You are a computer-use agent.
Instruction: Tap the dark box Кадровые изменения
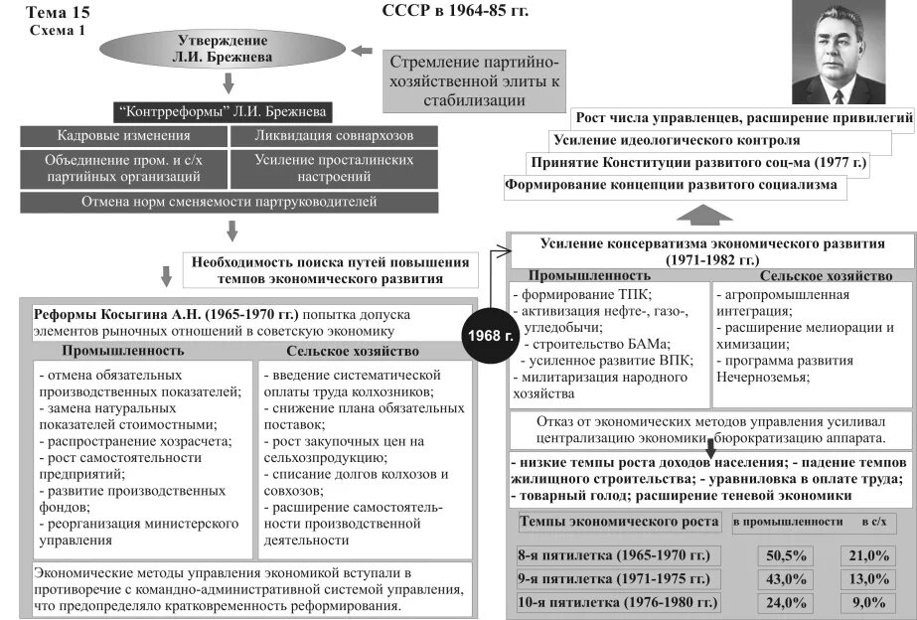tap(123, 136)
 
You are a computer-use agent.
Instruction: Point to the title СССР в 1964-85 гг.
tap(455, 11)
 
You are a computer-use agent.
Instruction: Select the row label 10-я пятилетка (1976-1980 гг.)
tap(617, 602)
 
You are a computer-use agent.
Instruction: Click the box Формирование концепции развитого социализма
tap(671, 185)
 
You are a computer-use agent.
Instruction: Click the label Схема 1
tap(57, 30)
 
